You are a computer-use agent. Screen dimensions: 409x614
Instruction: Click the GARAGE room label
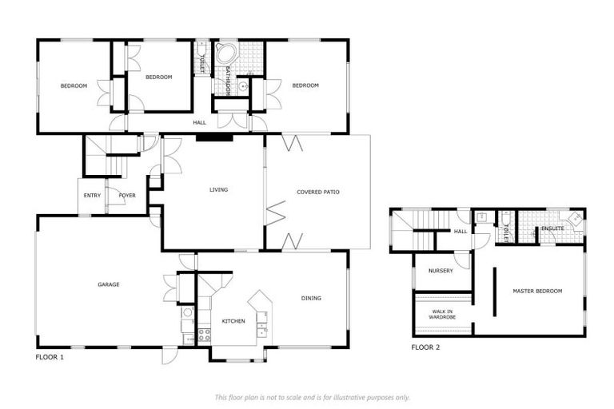tap(109, 284)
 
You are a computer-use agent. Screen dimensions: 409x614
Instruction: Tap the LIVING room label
tap(218, 190)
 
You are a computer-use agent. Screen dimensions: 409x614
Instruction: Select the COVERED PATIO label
tap(318, 192)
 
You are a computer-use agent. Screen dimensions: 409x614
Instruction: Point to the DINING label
tap(311, 298)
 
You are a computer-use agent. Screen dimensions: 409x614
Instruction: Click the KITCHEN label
tap(233, 321)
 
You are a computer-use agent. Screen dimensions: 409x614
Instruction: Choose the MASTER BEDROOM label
tap(536, 291)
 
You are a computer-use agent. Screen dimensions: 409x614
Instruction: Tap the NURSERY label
tap(441, 271)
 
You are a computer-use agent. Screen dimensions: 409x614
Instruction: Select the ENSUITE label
tap(552, 228)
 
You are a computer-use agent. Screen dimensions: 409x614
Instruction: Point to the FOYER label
tap(127, 195)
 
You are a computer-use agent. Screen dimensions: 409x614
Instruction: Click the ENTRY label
tap(92, 195)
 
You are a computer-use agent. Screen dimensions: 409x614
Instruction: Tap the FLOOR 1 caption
tap(50, 357)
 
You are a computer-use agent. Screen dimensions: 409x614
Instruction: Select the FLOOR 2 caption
tap(425, 347)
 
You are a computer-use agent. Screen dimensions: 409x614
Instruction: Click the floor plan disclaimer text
tap(312, 397)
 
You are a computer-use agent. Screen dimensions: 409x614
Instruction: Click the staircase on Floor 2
tap(412, 230)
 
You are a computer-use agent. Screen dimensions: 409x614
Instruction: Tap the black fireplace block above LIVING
tap(214, 137)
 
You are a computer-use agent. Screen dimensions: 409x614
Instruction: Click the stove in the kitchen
tap(204, 335)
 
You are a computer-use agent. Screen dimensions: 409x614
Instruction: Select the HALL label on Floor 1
tap(199, 122)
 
